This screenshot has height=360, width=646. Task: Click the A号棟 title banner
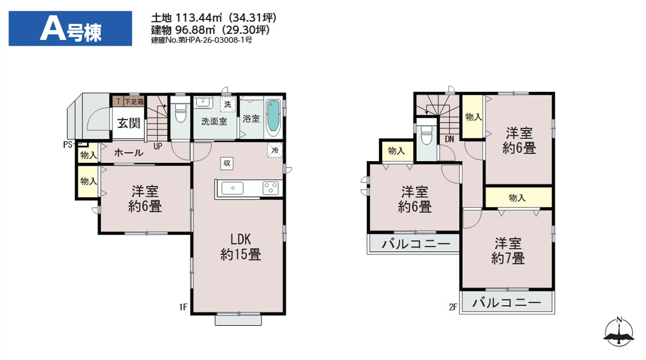click(70, 29)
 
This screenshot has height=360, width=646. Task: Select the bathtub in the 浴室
click(272, 116)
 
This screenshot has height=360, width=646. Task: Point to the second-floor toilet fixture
click(426, 136)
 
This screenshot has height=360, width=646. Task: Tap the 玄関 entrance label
click(128, 123)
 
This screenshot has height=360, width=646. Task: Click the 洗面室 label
click(214, 121)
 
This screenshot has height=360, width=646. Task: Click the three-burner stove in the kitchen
click(270, 188)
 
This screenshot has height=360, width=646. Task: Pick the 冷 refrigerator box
click(275, 150)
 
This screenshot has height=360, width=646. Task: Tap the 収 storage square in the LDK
click(227, 163)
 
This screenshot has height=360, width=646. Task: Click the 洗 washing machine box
click(228, 104)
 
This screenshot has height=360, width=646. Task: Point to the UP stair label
click(158, 145)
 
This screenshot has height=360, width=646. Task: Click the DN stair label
click(449, 139)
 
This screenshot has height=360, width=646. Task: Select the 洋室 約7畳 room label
click(507, 251)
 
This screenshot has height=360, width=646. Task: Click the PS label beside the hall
click(67, 144)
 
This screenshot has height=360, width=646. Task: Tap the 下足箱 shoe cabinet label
click(134, 101)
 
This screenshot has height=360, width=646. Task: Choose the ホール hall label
click(128, 153)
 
